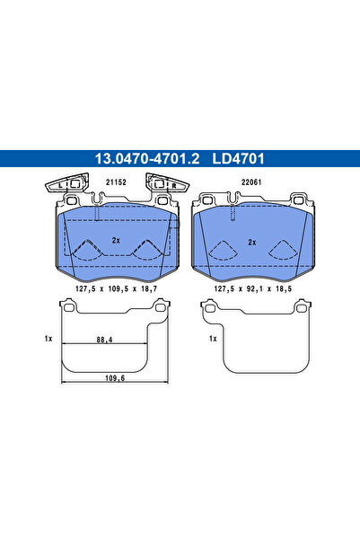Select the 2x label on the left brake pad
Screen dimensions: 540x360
point(115,242)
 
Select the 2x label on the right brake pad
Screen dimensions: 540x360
point(252,242)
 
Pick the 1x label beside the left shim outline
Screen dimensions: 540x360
point(48,339)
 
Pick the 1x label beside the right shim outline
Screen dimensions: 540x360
point(213,339)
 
